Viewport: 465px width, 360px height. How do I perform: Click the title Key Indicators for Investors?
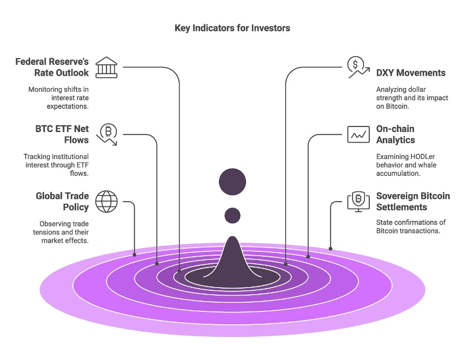point(232,28)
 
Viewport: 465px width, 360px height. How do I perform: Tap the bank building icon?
point(106,66)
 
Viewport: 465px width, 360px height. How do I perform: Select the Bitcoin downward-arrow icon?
point(107,134)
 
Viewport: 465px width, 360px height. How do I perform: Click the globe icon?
point(106,202)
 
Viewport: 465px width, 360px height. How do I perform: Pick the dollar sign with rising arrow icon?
point(358,67)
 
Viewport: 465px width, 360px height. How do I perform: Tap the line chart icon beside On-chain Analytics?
point(358,134)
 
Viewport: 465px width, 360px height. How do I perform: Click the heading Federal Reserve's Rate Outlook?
point(52,67)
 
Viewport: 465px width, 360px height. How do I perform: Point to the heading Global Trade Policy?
point(62,202)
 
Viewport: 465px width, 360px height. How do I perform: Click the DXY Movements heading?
point(410,72)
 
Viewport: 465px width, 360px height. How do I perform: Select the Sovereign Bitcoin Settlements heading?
point(413,202)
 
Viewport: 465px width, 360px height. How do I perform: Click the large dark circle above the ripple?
point(232,182)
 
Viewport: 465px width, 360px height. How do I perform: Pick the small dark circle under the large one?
point(232,216)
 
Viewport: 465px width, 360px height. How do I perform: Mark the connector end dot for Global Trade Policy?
point(135,254)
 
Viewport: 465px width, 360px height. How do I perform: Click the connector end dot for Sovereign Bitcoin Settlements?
point(330,249)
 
